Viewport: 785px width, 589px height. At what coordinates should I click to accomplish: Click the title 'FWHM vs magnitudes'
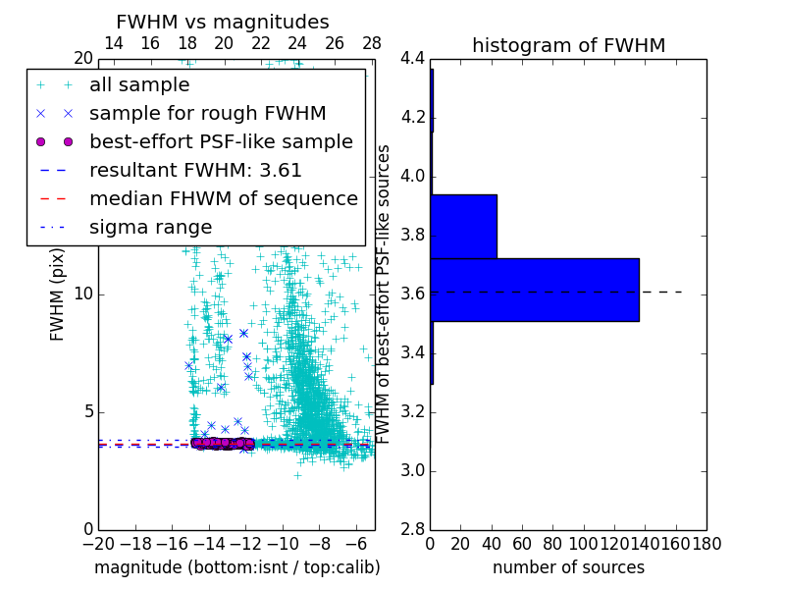[222, 22]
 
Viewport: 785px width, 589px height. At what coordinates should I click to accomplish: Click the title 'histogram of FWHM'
[568, 45]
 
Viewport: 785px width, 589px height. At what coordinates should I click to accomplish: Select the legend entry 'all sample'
[139, 85]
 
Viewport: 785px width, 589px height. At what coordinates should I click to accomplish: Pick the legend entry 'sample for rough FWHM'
[207, 113]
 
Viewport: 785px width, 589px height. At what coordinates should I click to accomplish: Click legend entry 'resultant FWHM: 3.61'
[195, 170]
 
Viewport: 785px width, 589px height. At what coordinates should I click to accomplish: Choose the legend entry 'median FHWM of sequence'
[223, 198]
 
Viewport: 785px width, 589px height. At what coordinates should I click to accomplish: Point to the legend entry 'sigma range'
[150, 227]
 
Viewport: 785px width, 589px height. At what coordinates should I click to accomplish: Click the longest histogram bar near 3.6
[535, 290]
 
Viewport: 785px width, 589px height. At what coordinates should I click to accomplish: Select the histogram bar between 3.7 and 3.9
[463, 226]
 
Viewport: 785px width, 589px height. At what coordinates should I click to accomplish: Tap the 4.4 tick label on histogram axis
[413, 59]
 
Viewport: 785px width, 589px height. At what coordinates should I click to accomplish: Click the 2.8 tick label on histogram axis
[413, 529]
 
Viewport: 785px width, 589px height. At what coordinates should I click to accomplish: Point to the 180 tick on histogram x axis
[706, 544]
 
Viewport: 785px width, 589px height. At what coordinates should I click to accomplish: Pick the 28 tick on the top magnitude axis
[372, 43]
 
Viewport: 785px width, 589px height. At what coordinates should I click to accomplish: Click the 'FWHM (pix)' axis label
[58, 294]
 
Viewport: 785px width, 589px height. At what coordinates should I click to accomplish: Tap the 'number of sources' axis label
[568, 567]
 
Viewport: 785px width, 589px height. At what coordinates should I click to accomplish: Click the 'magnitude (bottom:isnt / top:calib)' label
[236, 567]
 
